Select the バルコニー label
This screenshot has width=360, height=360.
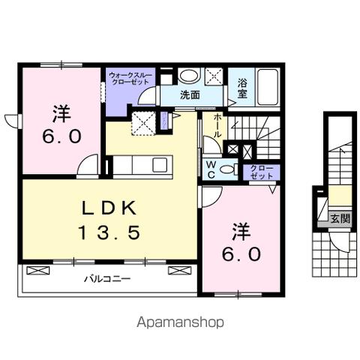click(x=106, y=278)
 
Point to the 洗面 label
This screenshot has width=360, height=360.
click(x=189, y=95)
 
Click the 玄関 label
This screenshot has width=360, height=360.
click(x=340, y=219)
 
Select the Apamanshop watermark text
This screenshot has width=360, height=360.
click(x=181, y=322)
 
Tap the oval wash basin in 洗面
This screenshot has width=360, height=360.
click(x=188, y=76)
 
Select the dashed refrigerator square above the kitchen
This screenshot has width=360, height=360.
click(x=143, y=122)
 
